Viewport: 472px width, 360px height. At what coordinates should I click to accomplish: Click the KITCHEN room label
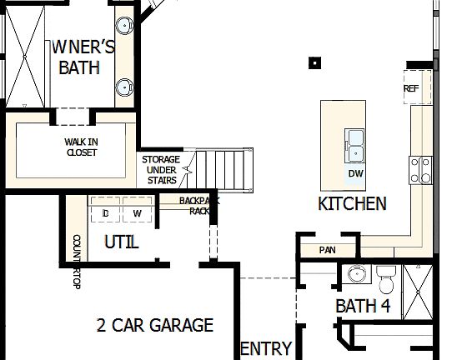(x=352, y=203)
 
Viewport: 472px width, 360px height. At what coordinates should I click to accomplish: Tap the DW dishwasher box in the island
(x=355, y=174)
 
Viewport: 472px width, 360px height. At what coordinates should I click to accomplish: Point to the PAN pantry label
(x=327, y=249)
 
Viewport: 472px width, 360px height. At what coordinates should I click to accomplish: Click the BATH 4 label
(x=363, y=306)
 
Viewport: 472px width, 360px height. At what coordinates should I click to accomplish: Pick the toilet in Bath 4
(x=386, y=275)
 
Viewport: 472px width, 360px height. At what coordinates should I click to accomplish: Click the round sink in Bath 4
(x=356, y=274)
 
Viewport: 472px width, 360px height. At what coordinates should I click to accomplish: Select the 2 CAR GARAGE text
(x=154, y=325)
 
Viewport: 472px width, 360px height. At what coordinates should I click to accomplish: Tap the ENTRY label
(x=265, y=348)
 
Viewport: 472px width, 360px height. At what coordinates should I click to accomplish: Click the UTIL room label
(x=121, y=242)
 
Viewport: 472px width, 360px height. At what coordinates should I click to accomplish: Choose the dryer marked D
(x=106, y=213)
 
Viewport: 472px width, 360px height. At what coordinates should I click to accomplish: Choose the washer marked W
(x=138, y=213)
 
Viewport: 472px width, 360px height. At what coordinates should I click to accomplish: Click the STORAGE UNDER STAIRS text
(x=160, y=170)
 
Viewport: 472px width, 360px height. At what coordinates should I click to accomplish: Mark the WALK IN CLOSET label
(x=81, y=147)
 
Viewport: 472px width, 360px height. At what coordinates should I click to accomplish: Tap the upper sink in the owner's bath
(x=123, y=24)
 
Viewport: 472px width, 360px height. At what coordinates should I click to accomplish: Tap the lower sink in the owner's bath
(x=124, y=86)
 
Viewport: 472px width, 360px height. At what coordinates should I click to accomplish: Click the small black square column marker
(x=315, y=62)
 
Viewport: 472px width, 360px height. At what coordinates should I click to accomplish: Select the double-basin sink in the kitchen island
(x=355, y=144)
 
